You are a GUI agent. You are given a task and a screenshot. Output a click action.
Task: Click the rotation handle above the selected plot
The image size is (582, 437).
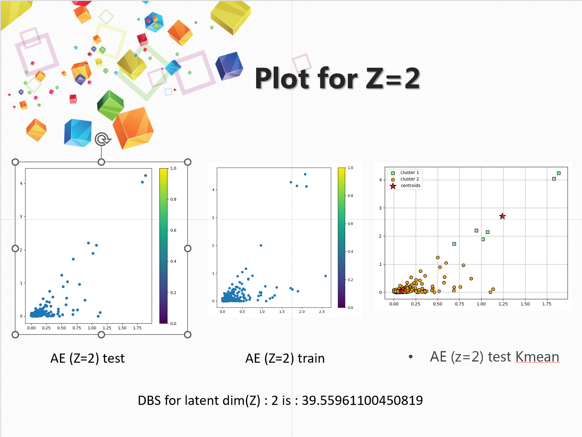pyautogui.click(x=102, y=139)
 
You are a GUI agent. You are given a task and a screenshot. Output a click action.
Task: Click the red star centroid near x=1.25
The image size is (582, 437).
pyautogui.click(x=502, y=216)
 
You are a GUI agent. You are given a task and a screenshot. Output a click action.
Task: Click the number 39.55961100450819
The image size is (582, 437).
pyautogui.click(x=362, y=400)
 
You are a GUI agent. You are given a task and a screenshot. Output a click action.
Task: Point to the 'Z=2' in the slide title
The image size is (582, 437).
pyautogui.click(x=393, y=78)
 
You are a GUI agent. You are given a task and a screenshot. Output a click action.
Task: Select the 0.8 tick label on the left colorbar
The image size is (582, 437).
pyautogui.click(x=173, y=199)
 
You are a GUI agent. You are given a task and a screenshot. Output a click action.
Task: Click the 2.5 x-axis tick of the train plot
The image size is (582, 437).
pyautogui.click(x=322, y=312)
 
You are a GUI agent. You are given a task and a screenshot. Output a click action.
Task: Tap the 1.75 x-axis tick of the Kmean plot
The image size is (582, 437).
pyautogui.click(x=547, y=304)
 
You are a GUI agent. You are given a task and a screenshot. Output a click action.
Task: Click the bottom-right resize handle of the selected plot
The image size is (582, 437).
pyautogui.click(x=188, y=335)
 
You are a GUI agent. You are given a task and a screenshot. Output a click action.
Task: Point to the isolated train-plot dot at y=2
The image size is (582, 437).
pyautogui.click(x=261, y=245)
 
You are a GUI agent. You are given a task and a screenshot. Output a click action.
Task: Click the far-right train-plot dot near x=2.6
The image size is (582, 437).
pyautogui.click(x=326, y=276)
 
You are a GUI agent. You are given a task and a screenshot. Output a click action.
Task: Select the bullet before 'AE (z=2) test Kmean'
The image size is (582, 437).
pyautogui.click(x=410, y=356)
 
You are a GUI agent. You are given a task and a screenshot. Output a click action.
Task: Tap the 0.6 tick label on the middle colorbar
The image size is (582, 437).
pyautogui.click(x=351, y=224)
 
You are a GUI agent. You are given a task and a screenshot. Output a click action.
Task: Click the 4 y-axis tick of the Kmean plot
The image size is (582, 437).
pyautogui.click(x=380, y=180)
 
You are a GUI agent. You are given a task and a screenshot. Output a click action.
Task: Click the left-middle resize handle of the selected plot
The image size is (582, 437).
pyautogui.click(x=15, y=248)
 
